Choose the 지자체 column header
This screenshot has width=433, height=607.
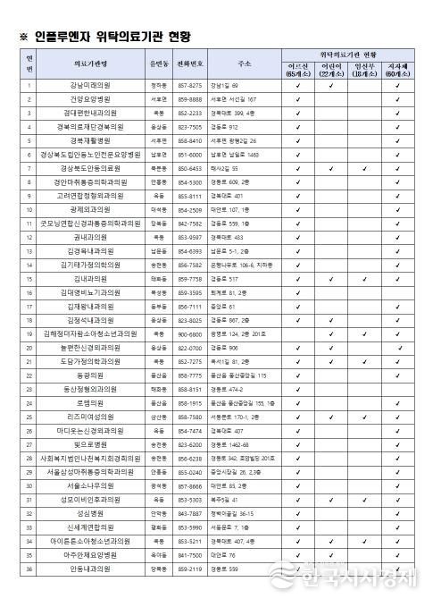(x=397, y=70)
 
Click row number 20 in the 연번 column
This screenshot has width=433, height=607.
(x=29, y=348)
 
